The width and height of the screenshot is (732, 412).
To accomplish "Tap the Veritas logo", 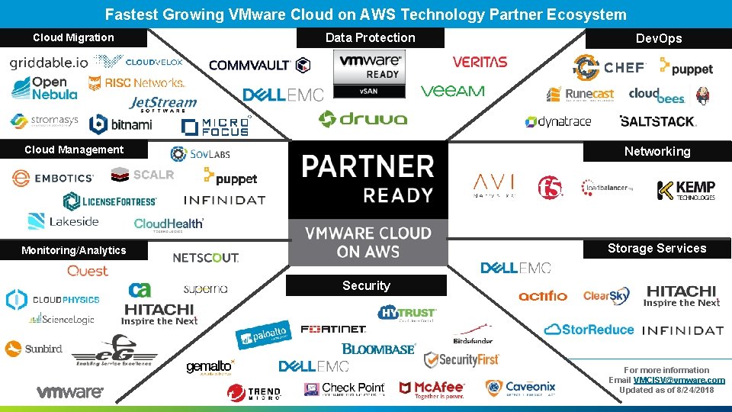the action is pyautogui.click(x=480, y=62).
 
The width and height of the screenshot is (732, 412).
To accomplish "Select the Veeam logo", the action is pyautogui.click(x=452, y=91).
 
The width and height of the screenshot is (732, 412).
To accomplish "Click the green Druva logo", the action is pyautogui.click(x=363, y=119).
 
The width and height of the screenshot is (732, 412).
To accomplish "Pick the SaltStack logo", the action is pyautogui.click(x=657, y=121).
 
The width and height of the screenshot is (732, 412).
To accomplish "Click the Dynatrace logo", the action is pyautogui.click(x=558, y=121).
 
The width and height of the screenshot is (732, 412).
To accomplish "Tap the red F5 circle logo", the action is pyautogui.click(x=550, y=187).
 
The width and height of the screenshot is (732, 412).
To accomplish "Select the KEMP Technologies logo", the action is pyautogui.click(x=686, y=190).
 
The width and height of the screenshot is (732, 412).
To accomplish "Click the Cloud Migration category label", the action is pyautogui.click(x=73, y=37).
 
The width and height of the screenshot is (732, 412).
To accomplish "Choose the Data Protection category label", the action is pyautogui.click(x=371, y=37).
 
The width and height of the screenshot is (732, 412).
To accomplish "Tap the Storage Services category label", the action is pyautogui.click(x=657, y=248).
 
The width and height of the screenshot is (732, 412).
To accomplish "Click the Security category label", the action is pyautogui.click(x=366, y=285).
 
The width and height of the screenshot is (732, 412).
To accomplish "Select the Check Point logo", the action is pyautogui.click(x=344, y=389).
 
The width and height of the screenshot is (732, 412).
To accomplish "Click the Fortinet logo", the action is pyautogui.click(x=333, y=330).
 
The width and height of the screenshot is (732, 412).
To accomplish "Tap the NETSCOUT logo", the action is pyautogui.click(x=206, y=258).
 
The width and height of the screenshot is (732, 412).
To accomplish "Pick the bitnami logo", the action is pyautogui.click(x=119, y=124).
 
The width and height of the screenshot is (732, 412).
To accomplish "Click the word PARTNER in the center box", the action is pyautogui.click(x=368, y=166).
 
